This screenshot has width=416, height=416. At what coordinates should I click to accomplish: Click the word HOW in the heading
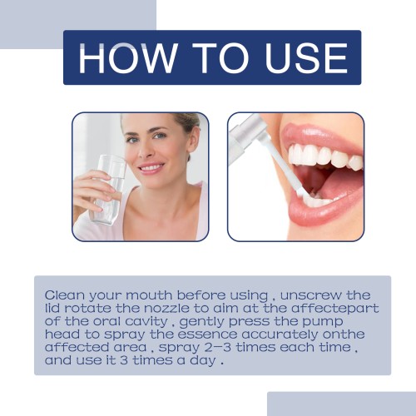pos(127,58)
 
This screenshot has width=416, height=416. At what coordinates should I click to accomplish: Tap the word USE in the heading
pos(306,58)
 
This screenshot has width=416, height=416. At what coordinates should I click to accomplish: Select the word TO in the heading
pos(220,58)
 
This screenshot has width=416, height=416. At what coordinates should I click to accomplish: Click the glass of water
pos(109,190)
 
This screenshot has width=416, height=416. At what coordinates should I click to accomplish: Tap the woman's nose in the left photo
pos(144,150)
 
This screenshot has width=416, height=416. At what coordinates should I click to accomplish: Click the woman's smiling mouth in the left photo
pos(151,168)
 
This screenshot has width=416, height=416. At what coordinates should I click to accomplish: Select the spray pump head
pos(244,136)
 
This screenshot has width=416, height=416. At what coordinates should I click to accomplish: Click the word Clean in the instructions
pos(65,295)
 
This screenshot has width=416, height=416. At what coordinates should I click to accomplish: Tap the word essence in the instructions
pos(207,334)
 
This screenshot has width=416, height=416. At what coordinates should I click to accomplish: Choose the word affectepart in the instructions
pos(335,309)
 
